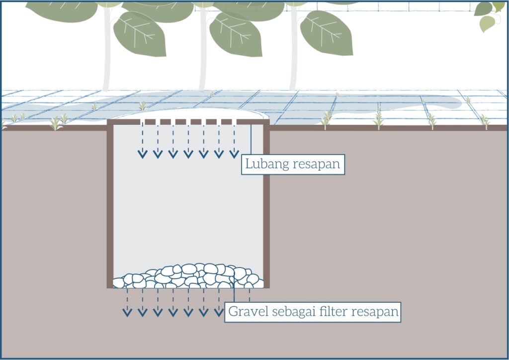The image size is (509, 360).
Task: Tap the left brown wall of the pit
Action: [110, 204]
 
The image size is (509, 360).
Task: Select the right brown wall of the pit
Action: [266, 204]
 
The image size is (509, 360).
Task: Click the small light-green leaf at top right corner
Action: [487, 23]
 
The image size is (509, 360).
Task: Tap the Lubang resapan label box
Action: [293, 165]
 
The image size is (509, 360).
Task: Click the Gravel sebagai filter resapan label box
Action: [313, 312]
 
